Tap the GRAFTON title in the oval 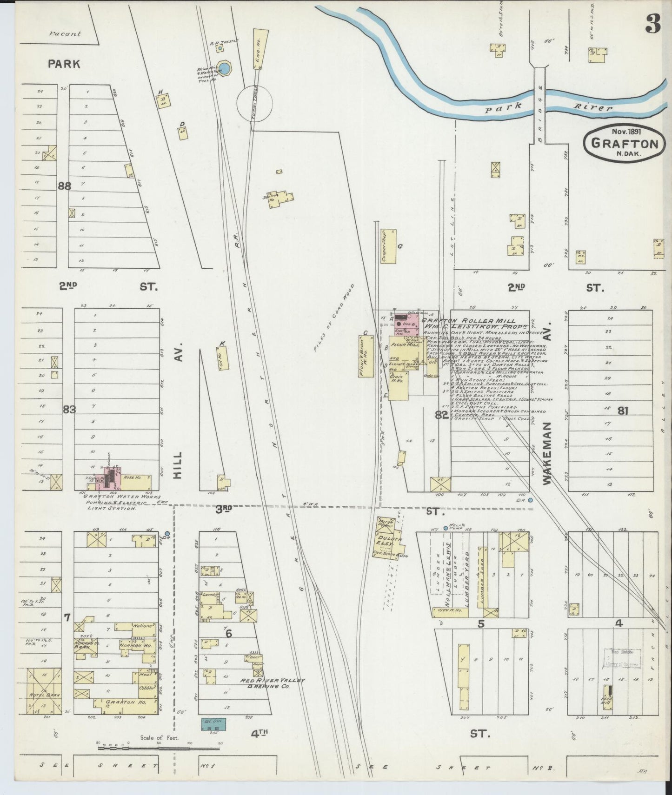[x=625, y=143]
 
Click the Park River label [x=546, y=108]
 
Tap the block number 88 [x=64, y=185]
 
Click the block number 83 [x=69, y=410]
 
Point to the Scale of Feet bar [x=158, y=749]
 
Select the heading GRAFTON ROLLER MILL [x=468, y=321]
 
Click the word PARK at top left [x=64, y=64]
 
